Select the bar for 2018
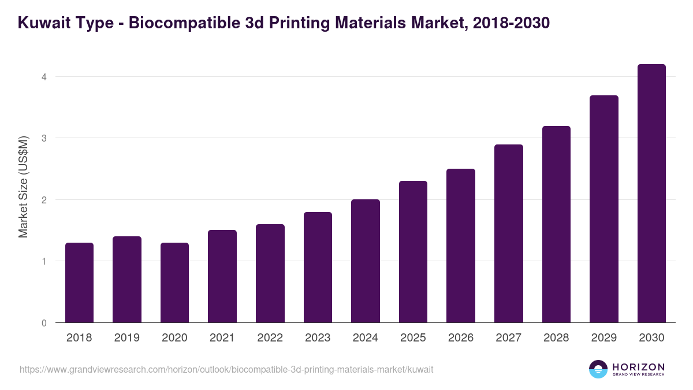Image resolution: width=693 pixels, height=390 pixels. pos(79,283)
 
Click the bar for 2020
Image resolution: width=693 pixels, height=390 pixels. pos(174,283)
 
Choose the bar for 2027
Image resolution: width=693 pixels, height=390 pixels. pos(509,233)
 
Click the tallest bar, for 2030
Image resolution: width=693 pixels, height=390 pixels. pos(651,194)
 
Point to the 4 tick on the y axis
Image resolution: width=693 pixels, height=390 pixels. pos(44,77)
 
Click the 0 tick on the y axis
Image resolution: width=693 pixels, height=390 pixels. pos(44,323)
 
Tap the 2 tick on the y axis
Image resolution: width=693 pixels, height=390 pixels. pos(44,200)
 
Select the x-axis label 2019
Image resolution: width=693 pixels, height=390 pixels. pos(127,338)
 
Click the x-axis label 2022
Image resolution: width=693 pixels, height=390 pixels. pos(270,338)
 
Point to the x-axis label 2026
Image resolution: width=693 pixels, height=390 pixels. pos(460,338)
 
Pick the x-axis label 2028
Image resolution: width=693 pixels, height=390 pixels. pos(556,338)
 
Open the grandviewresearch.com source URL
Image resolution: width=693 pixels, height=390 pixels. pos(226,369)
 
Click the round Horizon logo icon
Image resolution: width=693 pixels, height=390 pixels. pos(598,369)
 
